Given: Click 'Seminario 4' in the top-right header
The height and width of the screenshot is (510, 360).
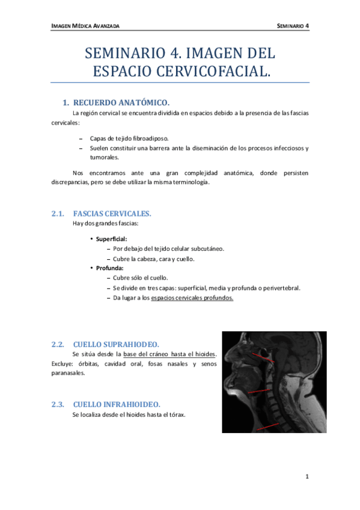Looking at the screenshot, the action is pos(293,26).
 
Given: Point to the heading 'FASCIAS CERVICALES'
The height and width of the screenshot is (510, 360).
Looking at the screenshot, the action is pos(112,214).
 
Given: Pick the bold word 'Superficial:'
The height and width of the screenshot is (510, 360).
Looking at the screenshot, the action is pos(111,239).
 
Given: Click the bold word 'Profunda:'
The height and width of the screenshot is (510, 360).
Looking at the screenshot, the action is pos(109,268).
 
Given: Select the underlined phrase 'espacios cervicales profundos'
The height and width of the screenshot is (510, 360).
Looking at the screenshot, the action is pos(192,298).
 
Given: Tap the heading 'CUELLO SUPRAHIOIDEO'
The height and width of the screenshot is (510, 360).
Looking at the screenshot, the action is pos(115,345).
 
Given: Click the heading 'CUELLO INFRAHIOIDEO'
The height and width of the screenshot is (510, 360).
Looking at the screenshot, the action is pos(116,404).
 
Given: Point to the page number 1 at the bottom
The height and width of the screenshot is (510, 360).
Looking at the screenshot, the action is pos(307,477).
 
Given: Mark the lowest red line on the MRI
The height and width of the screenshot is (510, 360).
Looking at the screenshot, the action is pos(267,427).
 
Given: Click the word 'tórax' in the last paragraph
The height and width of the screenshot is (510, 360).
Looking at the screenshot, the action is pos(177,414).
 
